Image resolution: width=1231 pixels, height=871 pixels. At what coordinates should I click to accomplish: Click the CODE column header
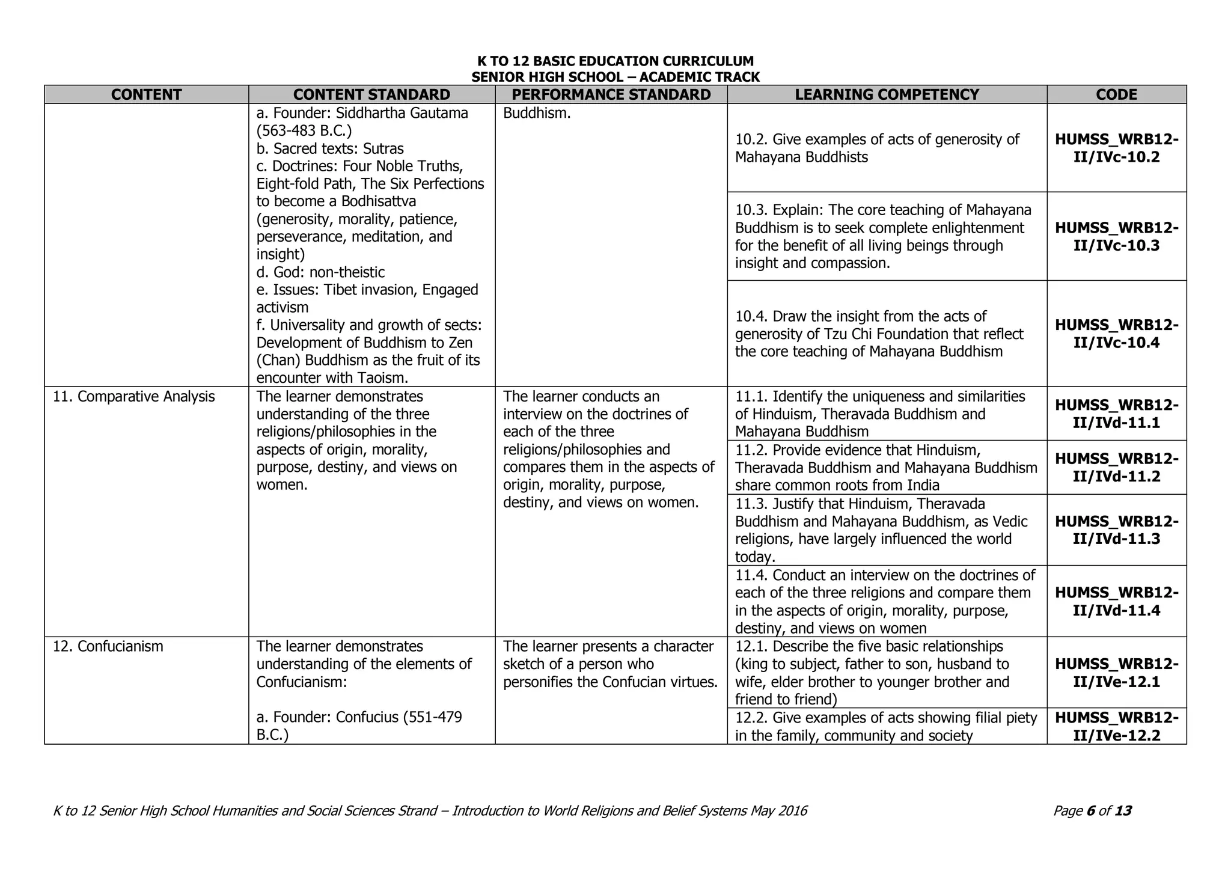1116,94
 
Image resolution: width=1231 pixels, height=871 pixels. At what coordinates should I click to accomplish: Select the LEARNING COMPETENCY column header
887,94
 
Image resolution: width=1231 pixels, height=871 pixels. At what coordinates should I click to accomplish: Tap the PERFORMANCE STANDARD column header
611,94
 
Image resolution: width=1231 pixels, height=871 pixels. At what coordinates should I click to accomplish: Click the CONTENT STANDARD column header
371,94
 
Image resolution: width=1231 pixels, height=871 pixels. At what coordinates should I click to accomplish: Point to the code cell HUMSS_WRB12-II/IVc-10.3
1116,236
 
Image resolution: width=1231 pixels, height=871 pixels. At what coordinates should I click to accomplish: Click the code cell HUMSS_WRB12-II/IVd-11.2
1116,467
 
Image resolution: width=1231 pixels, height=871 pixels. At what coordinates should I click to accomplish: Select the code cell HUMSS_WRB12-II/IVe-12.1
1116,673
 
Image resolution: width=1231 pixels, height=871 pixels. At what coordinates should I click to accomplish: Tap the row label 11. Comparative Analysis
133,397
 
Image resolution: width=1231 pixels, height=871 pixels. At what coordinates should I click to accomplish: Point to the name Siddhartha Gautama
402,113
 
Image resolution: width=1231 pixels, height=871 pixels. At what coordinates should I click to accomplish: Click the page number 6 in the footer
1090,811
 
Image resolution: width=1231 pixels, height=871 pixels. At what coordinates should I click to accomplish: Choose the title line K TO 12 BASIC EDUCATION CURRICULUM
615,61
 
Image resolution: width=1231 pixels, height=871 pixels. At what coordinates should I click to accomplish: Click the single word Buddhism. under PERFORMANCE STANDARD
536,113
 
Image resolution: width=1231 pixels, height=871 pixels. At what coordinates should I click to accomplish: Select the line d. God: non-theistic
320,272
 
